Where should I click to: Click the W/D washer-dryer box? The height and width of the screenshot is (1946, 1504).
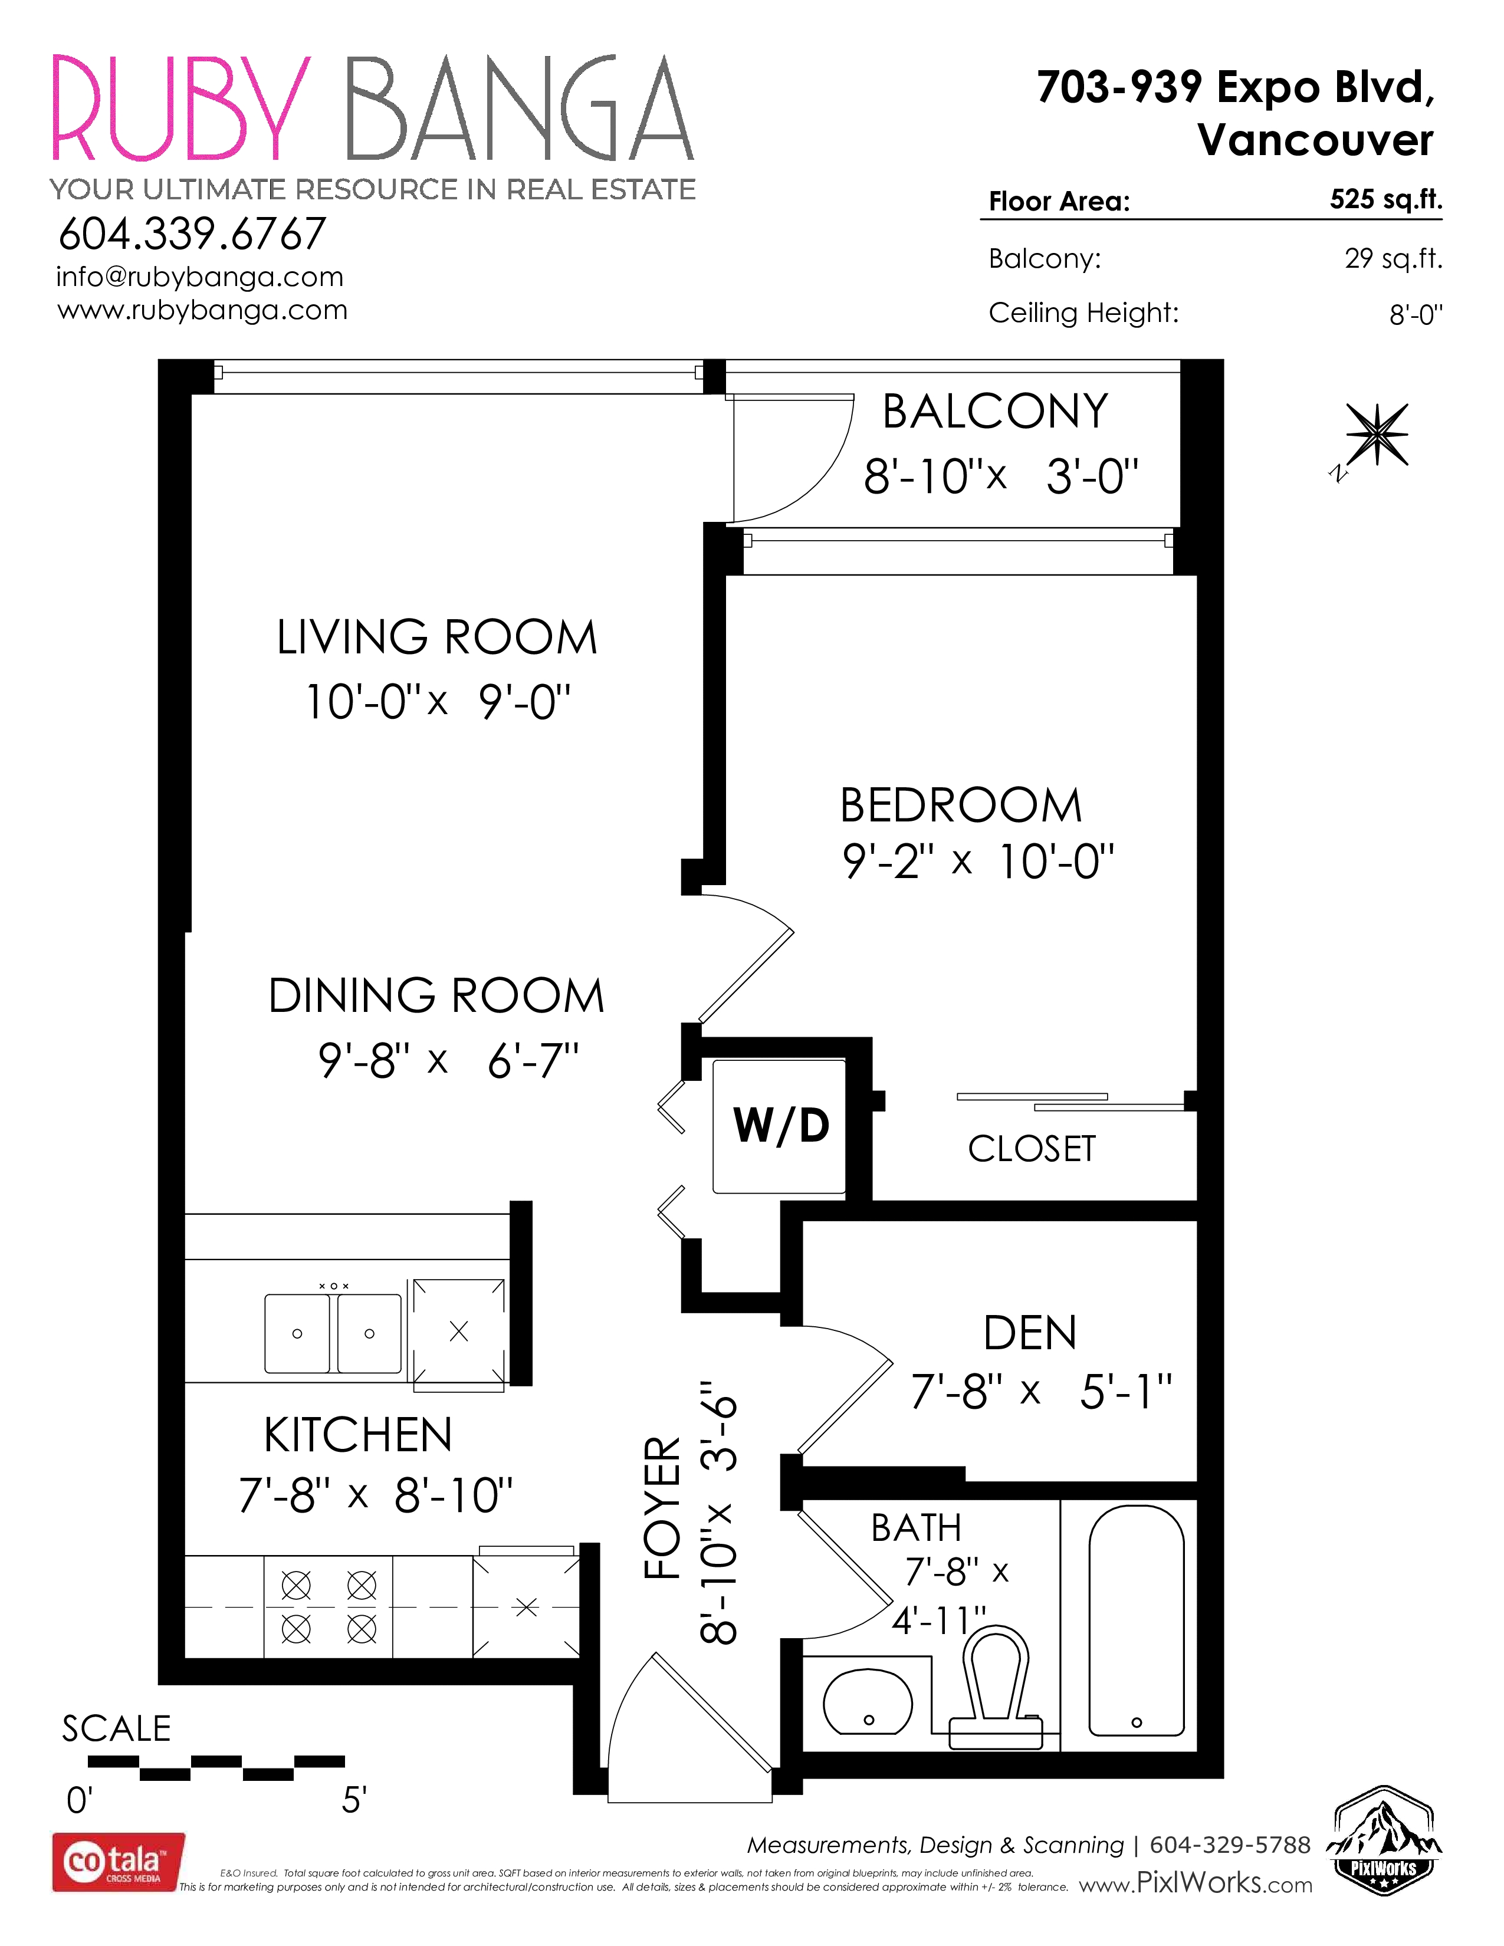pos(780,1125)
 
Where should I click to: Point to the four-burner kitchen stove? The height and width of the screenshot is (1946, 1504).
pos(329,1608)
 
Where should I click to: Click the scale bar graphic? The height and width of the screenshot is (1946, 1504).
pos(216,1769)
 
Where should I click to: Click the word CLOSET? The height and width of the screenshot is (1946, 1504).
pos(1032,1149)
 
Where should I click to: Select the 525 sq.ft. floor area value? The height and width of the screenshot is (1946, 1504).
pos(1385,199)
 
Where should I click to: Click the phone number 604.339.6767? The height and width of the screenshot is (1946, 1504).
pos(192,234)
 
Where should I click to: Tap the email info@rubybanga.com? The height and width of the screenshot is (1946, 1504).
pos(199,277)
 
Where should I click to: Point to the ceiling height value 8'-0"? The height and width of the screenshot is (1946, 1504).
pos(1416,314)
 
